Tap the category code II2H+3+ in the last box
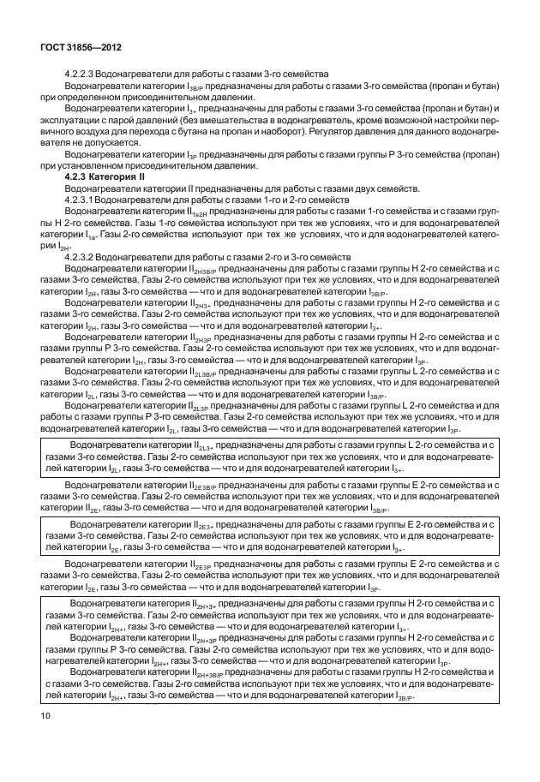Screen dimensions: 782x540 (201, 605)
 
